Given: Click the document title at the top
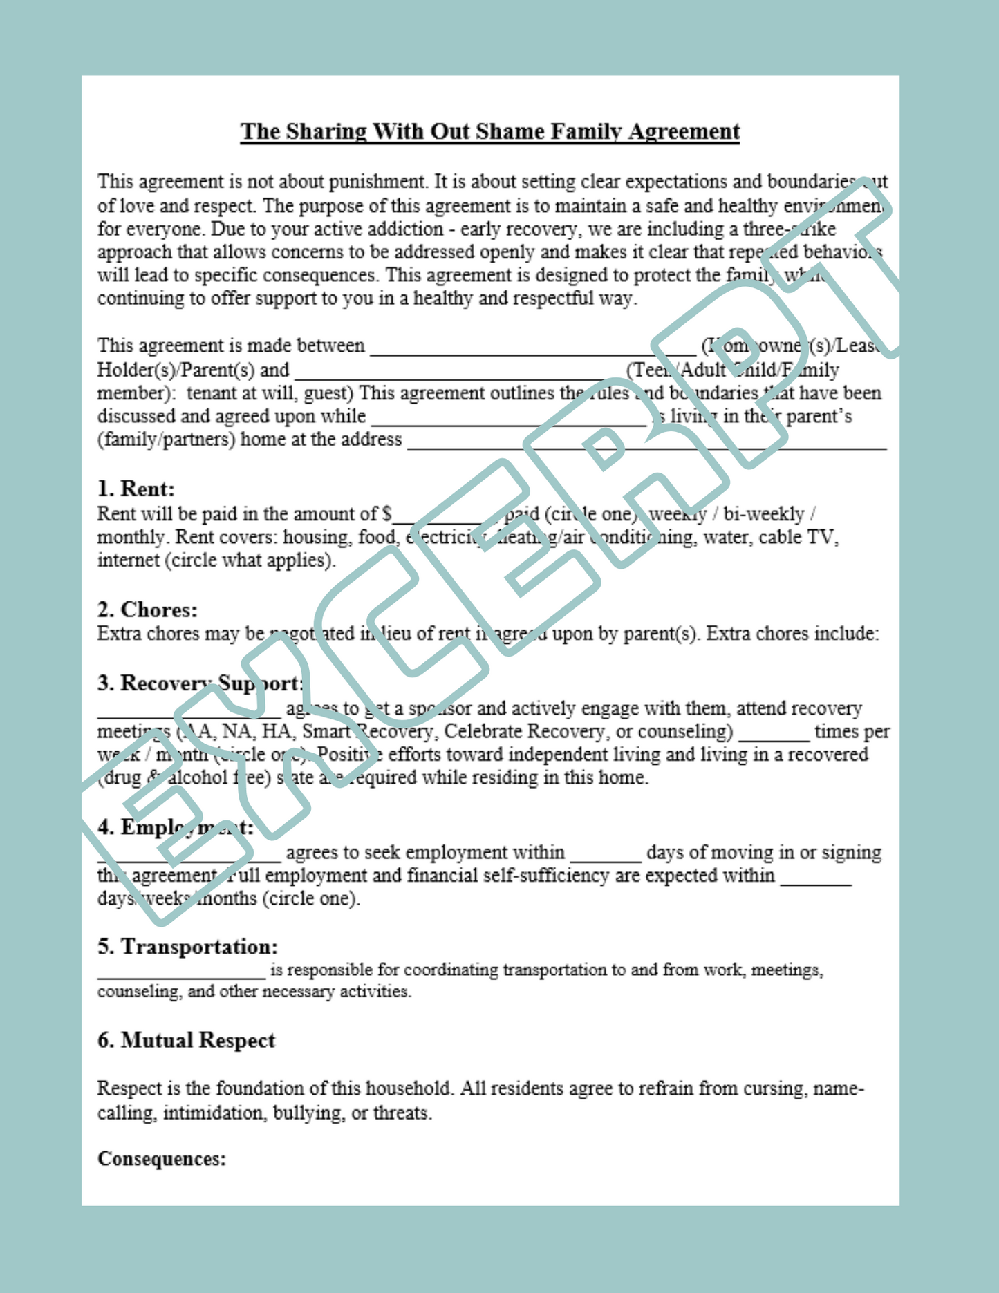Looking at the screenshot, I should [489, 131].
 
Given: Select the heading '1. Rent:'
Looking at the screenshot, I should [136, 489].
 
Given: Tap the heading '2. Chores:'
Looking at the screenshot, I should [147, 610].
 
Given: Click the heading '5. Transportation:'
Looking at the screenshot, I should [187, 947].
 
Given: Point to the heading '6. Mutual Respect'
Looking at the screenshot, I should [186, 1040].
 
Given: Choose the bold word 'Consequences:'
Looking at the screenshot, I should [162, 1159].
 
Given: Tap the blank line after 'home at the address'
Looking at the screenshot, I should [646, 442].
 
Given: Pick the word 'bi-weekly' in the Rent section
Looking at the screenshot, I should [764, 514].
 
